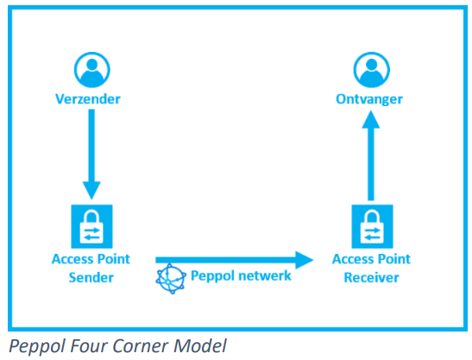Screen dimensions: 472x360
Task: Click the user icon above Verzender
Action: (91, 70)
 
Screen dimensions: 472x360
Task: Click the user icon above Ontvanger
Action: (371, 70)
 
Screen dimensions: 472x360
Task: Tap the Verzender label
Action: (88, 99)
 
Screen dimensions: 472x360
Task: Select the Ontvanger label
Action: (369, 99)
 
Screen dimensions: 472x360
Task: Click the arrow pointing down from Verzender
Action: (91, 155)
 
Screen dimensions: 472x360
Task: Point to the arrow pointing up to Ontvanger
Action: (371, 155)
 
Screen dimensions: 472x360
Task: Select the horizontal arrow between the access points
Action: (235, 260)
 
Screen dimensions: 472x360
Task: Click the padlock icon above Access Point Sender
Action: (91, 226)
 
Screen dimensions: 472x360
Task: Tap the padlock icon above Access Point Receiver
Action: (373, 226)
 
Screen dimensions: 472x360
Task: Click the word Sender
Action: (91, 277)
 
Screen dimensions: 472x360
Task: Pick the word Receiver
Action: (371, 277)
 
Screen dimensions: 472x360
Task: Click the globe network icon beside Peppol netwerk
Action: (171, 279)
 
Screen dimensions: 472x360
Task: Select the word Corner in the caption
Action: (141, 345)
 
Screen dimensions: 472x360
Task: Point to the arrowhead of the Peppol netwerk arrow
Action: (305, 260)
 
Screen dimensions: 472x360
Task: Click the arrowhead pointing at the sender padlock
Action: (91, 191)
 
